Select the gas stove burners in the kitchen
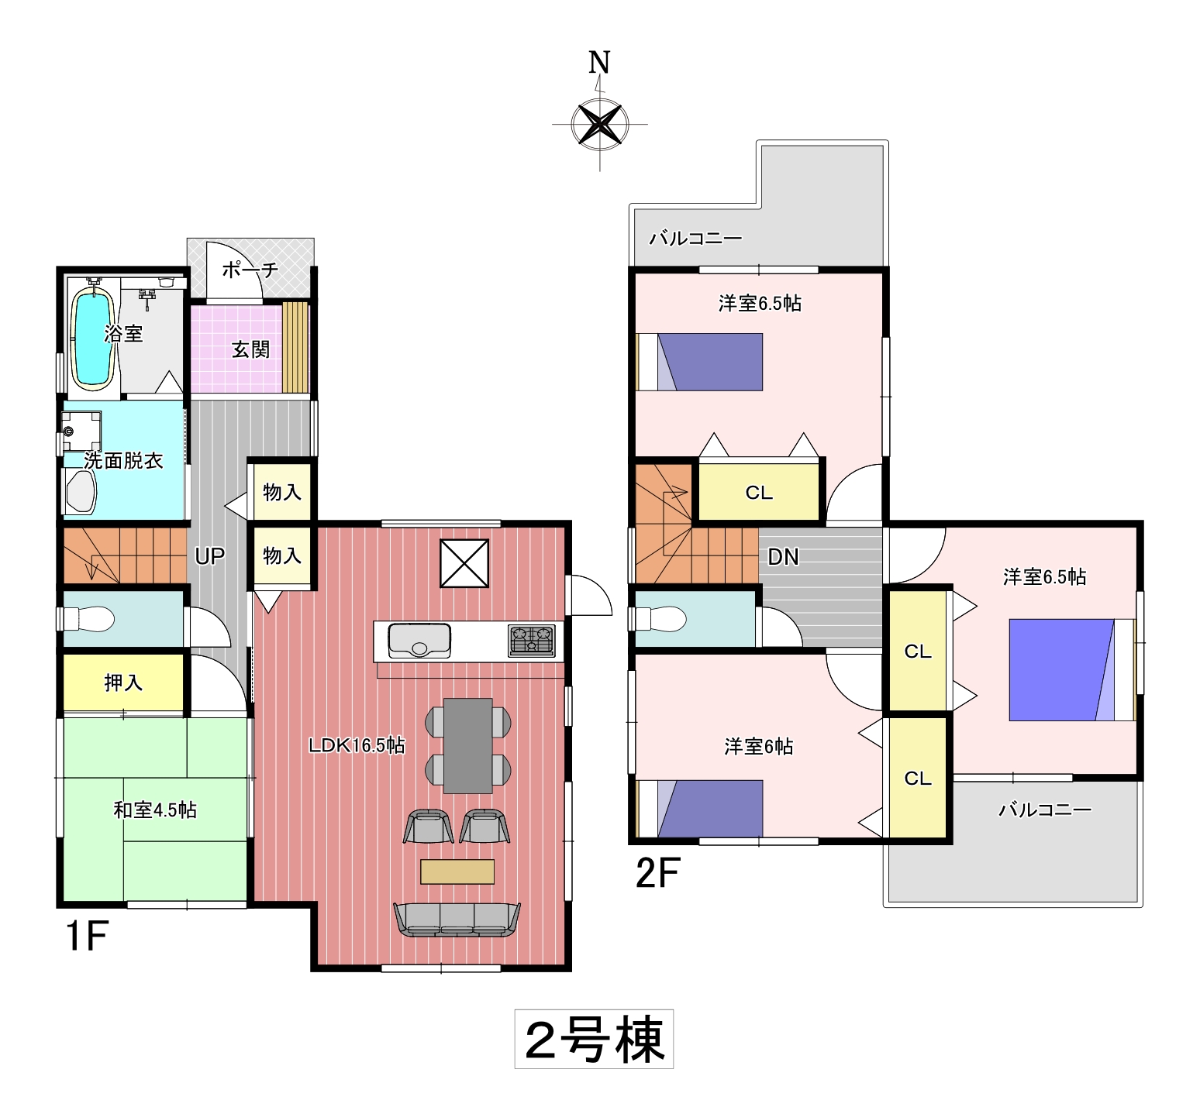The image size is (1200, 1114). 532,641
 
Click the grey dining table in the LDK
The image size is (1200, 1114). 468,745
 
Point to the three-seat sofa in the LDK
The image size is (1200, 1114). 457,920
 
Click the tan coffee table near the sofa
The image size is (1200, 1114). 457,872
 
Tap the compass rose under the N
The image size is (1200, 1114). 599,124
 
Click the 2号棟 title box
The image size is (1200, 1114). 594,1039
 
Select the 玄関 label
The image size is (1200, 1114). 250,349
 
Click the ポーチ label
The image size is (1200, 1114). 250,270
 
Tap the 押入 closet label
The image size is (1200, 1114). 123,682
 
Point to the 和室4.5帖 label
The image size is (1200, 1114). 155,810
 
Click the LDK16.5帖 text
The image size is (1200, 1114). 357,745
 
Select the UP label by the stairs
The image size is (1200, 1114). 209,555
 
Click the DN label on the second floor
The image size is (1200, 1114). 783,556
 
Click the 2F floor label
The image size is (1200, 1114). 657,874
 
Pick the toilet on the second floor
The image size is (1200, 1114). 660,619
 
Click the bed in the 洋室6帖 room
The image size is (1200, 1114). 699,809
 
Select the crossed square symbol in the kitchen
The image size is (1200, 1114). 464,563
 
